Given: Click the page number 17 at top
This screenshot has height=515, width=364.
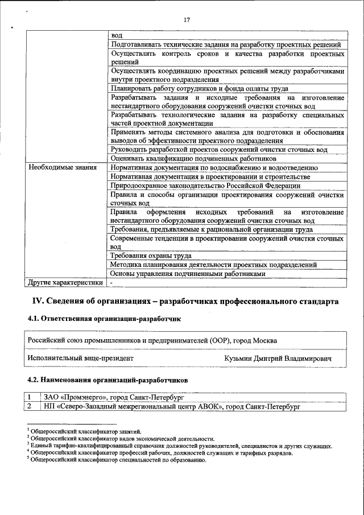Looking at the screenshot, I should [187, 20].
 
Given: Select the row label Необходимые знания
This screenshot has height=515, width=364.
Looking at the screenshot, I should [61, 168].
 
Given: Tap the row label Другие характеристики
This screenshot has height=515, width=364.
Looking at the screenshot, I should [65, 282].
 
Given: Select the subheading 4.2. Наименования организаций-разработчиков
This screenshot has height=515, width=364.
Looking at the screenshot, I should [108, 380].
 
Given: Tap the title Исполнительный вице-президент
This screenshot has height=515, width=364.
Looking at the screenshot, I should [80, 358].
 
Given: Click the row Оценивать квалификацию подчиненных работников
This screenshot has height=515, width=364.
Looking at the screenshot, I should [193, 159].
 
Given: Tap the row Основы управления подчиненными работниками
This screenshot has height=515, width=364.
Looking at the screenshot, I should [188, 274].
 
